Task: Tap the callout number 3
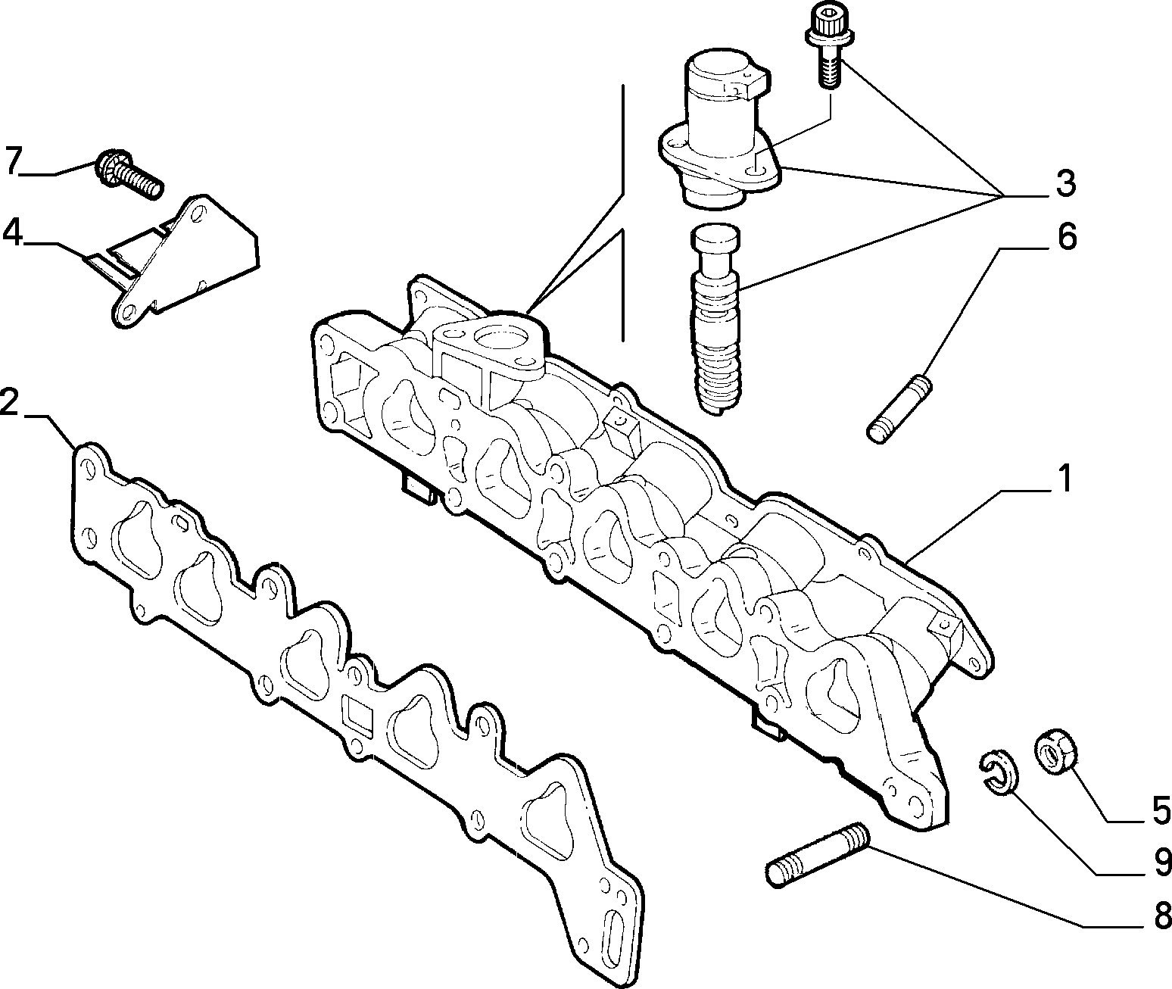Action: [1064, 183]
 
